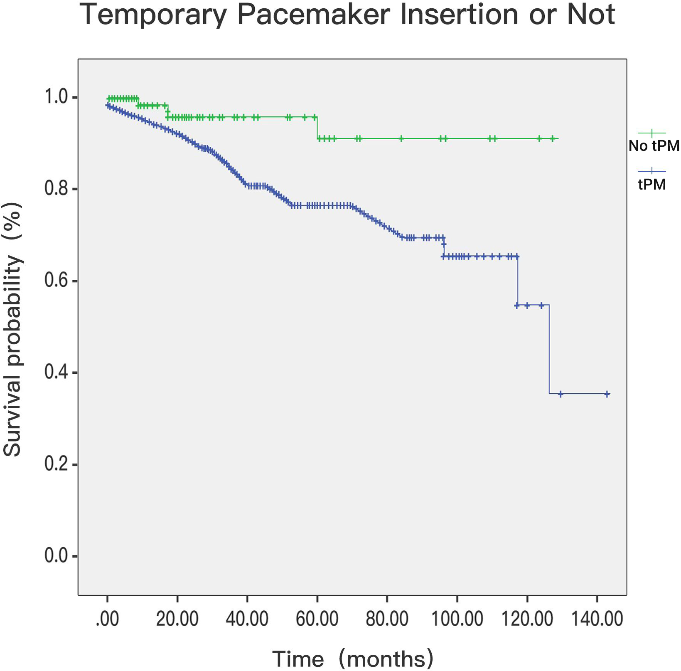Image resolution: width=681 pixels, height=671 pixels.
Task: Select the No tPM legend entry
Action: [654, 146]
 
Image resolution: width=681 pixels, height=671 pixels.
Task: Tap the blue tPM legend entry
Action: [651, 184]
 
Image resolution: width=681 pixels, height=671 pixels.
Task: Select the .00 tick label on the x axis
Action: [107, 619]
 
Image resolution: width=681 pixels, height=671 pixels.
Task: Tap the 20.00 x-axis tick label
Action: [177, 619]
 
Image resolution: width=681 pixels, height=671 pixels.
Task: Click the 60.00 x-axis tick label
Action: [317, 619]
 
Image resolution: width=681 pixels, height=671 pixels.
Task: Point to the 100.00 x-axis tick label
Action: [457, 619]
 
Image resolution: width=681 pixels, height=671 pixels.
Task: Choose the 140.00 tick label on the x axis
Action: [597, 619]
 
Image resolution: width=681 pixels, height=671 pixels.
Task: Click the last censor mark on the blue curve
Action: [607, 394]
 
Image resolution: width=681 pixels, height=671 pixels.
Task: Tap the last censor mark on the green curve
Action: [553, 138]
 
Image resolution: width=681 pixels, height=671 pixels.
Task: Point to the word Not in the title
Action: [591, 15]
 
